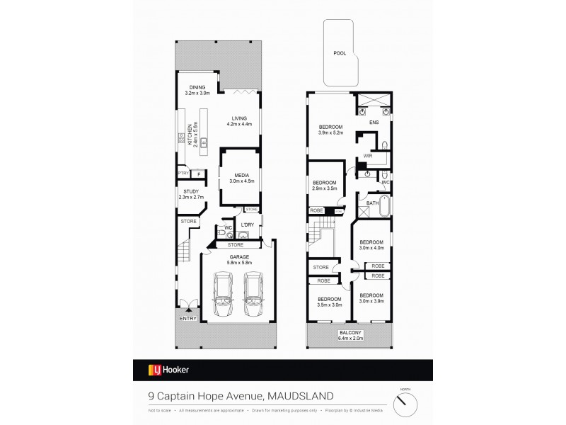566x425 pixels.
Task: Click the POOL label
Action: (340, 54)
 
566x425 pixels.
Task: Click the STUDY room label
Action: (187, 191)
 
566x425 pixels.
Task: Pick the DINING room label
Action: (197, 87)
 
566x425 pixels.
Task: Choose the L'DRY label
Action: (247, 225)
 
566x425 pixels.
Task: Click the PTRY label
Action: (183, 174)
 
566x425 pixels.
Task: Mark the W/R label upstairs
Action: (368, 154)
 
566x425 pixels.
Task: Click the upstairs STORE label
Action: (320, 268)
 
